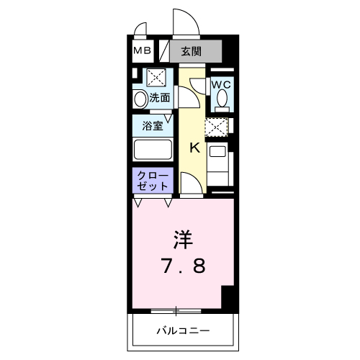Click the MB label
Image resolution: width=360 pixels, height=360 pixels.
141,50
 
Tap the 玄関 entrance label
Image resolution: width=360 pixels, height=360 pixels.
191,51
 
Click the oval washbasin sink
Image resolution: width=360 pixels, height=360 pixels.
140,98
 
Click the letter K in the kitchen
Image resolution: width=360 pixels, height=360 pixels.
194,148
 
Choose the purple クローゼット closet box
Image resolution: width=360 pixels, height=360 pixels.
153,180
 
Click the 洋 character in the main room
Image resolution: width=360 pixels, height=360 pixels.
183,238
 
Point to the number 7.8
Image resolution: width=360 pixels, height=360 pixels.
183,266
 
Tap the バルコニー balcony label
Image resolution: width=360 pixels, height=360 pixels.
183,331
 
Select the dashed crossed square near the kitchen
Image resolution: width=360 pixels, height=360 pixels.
215,127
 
